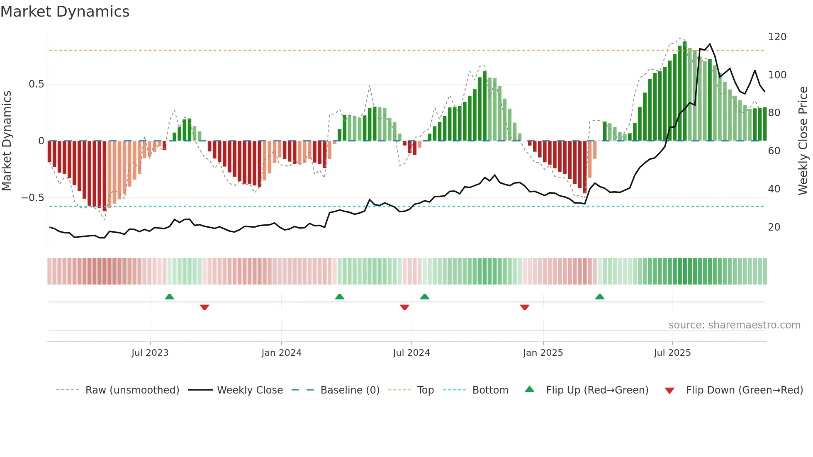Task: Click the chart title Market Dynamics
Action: point(65,12)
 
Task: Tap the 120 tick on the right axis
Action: point(777,37)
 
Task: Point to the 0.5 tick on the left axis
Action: point(36,84)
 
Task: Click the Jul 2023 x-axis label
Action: point(150,353)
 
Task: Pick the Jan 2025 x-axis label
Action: point(543,353)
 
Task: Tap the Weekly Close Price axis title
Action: point(803,141)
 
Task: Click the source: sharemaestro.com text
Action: point(734,325)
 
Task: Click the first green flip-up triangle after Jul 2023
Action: point(169,297)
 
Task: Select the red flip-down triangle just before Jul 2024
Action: point(404,307)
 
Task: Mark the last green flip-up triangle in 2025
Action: point(599,297)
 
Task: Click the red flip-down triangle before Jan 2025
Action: point(524,307)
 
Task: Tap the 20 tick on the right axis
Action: point(774,227)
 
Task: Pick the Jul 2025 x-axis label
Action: point(672,353)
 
